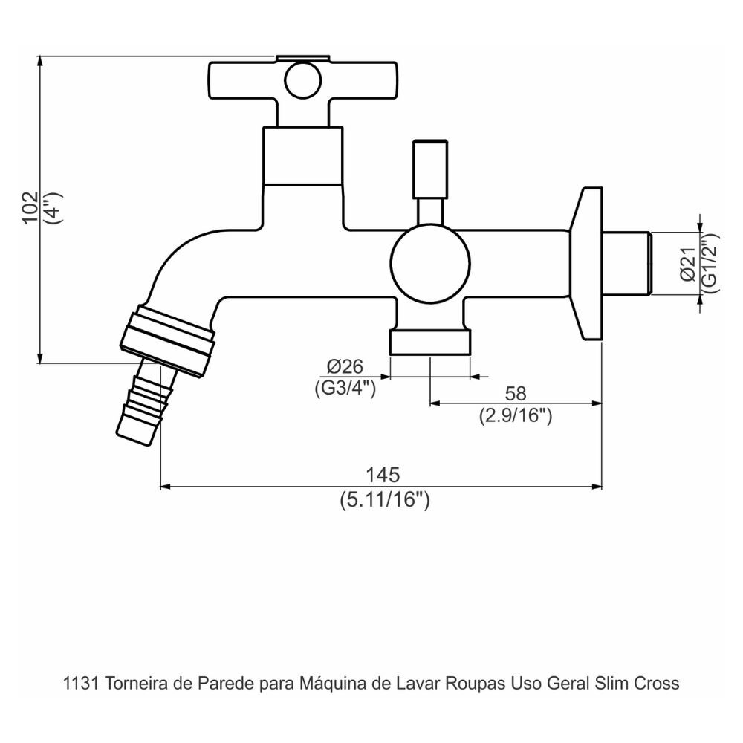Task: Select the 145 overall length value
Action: coord(382,474)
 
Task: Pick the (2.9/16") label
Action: coord(515,416)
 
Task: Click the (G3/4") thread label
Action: coord(341,387)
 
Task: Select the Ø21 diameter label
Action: coord(687,264)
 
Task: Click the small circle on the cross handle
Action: coord(302,77)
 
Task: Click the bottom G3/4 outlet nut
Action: coord(431,343)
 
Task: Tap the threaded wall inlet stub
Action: coord(628,264)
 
